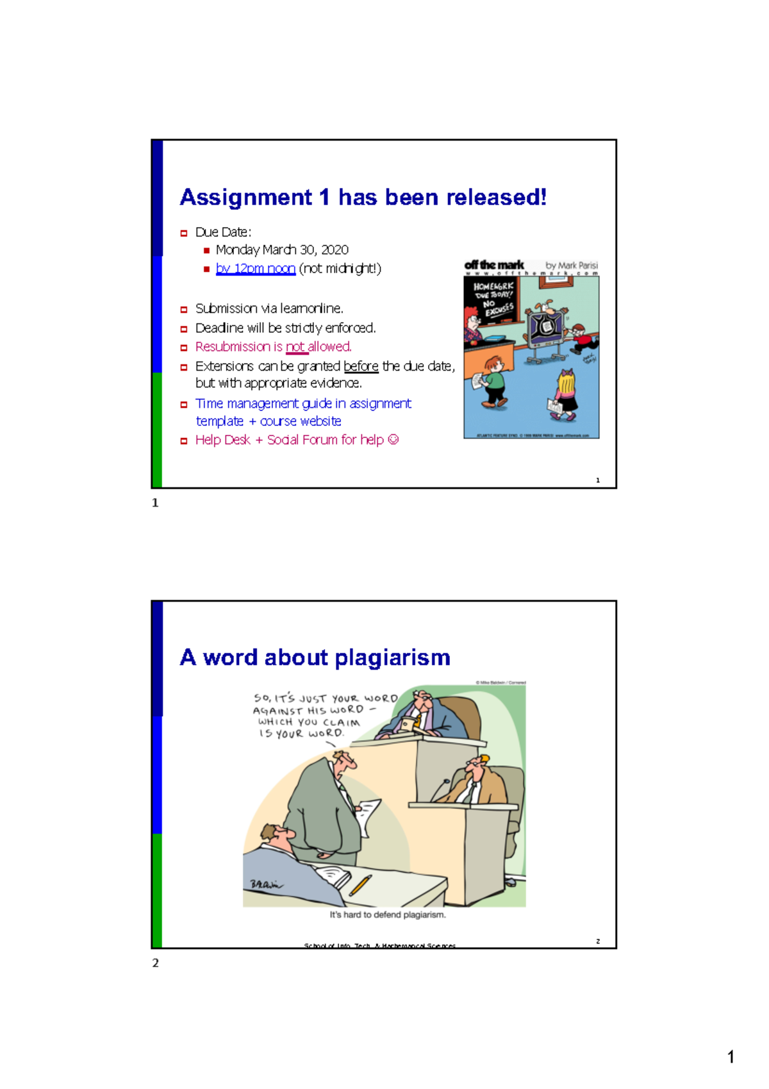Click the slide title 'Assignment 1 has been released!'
[363, 197]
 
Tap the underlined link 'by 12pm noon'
[255, 268]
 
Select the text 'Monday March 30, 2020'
[282, 249]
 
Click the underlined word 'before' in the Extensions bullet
[361, 366]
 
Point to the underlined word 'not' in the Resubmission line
[295, 346]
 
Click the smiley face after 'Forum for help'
[393, 439]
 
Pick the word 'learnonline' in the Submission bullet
[311, 308]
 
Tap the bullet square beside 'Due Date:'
[184, 233]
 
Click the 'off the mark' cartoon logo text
[494, 265]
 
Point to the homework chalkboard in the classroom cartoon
[493, 301]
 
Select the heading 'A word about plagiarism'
[315, 657]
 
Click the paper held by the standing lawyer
[368, 815]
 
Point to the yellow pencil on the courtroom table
[360, 885]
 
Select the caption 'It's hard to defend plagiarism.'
[388, 915]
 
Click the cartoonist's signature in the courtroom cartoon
[265, 884]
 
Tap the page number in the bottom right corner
[731, 1057]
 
